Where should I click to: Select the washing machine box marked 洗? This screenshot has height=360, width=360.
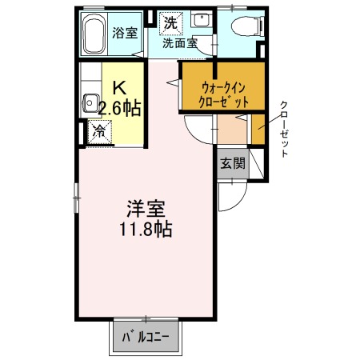170,23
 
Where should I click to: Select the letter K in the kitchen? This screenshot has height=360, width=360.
118,88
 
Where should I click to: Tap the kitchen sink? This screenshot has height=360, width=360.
89,103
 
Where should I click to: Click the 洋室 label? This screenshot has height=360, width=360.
145,210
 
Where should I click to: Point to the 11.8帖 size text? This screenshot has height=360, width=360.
145,230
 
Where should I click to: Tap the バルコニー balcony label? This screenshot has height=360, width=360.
145,338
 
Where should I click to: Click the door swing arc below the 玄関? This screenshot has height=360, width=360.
229,195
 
